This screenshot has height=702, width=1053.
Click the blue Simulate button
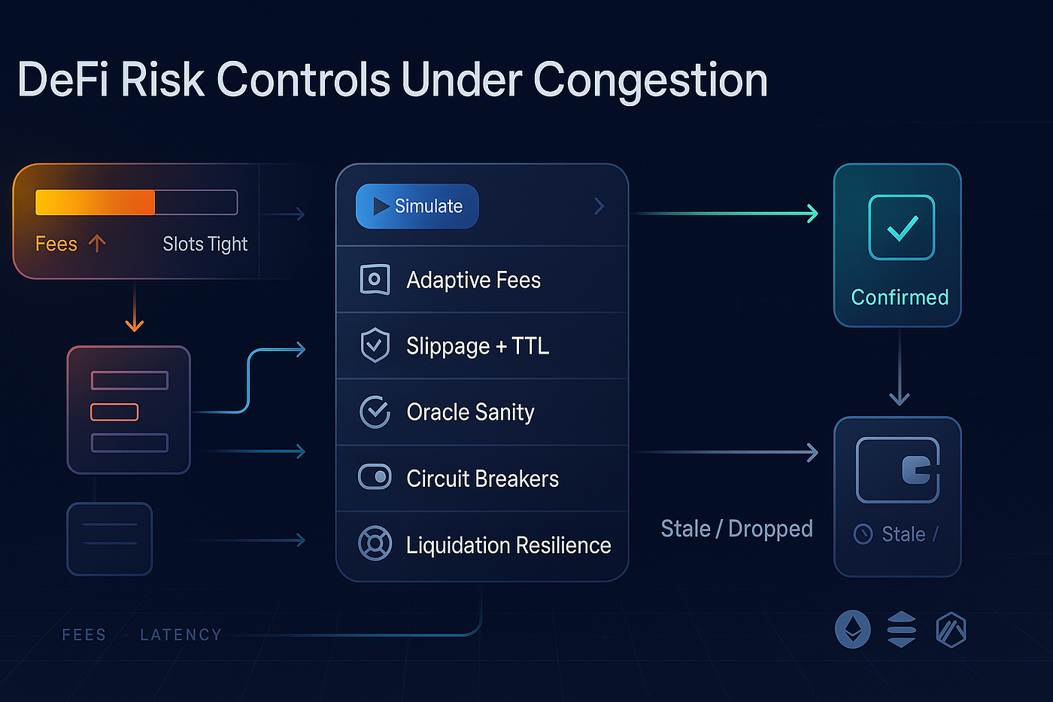(x=417, y=206)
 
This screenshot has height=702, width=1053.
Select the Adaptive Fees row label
(x=473, y=280)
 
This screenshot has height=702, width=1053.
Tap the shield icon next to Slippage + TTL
(x=375, y=345)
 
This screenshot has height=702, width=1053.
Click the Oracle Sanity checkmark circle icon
(x=375, y=412)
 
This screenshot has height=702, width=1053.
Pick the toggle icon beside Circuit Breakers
(x=375, y=477)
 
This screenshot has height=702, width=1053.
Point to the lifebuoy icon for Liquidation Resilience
(x=375, y=543)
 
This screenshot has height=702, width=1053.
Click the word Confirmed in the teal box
(x=900, y=297)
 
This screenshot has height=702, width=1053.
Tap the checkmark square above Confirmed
(x=901, y=227)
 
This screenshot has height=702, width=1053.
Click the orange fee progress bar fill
(x=95, y=202)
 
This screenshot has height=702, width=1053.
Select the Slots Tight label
(x=205, y=244)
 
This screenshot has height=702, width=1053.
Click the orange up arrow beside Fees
(x=97, y=243)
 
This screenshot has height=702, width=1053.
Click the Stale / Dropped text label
(x=736, y=528)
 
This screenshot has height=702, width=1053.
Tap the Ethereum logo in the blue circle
(x=853, y=629)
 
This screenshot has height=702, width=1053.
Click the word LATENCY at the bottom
(x=181, y=635)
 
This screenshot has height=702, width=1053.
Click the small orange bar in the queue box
(x=114, y=412)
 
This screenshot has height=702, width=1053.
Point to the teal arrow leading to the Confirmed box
(x=726, y=214)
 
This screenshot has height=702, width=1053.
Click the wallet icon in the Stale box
(x=898, y=470)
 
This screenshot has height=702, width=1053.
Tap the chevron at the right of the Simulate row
(x=599, y=206)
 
